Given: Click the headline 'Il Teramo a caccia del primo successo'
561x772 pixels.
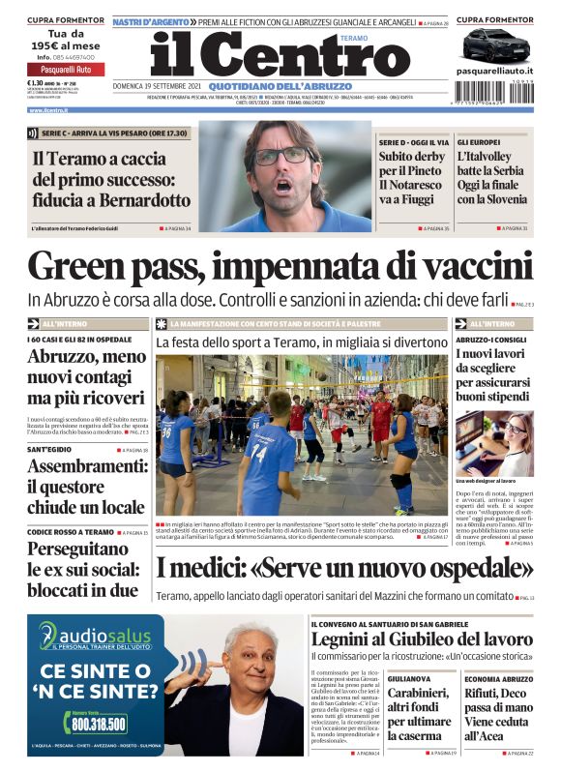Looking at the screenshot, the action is click(111, 179).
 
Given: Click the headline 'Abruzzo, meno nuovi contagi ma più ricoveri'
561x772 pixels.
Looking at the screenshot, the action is click(86, 378).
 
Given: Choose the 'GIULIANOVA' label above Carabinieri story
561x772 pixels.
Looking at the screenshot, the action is click(410, 679).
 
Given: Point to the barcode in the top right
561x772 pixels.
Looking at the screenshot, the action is click(493, 90).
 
